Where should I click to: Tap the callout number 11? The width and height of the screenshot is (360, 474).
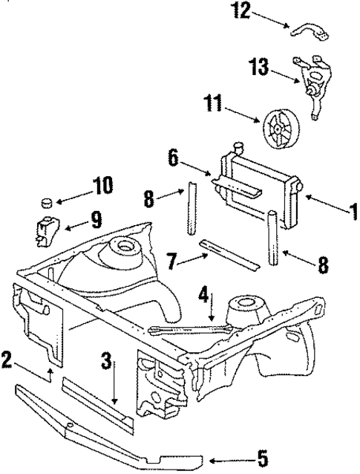[x=214, y=106]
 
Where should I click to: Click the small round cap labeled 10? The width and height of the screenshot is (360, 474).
[x=47, y=201]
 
